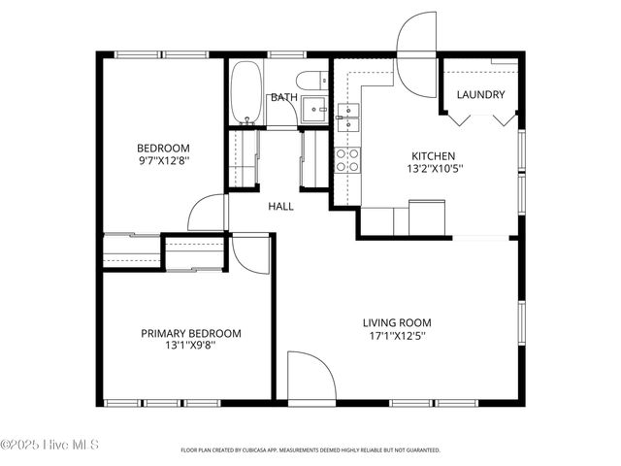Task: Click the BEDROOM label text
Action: pyautogui.click(x=162, y=149)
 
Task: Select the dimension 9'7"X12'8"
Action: pyautogui.click(x=162, y=161)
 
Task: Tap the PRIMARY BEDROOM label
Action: pyautogui.click(x=191, y=333)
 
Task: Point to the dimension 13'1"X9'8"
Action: pyautogui.click(x=191, y=346)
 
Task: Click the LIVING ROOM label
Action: pyautogui.click(x=397, y=322)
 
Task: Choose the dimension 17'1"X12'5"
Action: pyautogui.click(x=397, y=336)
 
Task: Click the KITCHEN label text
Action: pyautogui.click(x=433, y=155)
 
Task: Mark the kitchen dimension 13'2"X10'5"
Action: pyautogui.click(x=433, y=168)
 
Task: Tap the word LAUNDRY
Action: pyautogui.click(x=480, y=95)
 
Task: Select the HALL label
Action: pyautogui.click(x=280, y=206)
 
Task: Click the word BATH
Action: pyautogui.click(x=283, y=97)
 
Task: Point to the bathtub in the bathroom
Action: pyautogui.click(x=246, y=93)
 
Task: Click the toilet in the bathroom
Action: pyautogui.click(x=313, y=81)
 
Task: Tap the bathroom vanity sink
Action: pyautogui.click(x=314, y=110)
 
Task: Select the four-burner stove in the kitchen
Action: pyautogui.click(x=347, y=160)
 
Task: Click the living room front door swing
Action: pyautogui.click(x=310, y=379)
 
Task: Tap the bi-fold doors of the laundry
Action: pyautogui.click(x=480, y=118)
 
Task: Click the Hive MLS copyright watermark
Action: pyautogui.click(x=49, y=445)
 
